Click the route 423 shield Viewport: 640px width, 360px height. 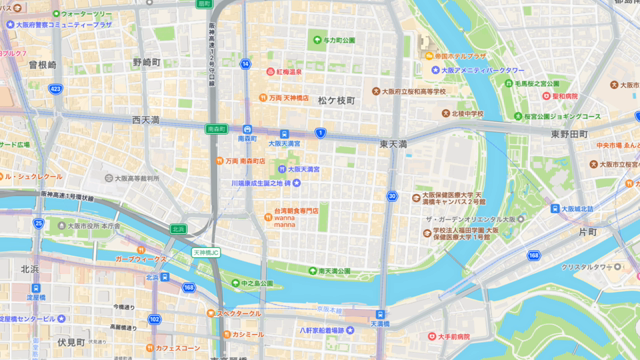point(55,88)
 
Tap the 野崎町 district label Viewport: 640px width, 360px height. point(146,62)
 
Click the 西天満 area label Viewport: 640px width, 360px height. point(152,119)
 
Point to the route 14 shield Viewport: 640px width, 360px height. point(245,63)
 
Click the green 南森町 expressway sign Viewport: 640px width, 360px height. point(216,129)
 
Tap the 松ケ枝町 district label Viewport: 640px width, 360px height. point(336,100)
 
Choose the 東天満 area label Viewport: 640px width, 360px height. point(393,145)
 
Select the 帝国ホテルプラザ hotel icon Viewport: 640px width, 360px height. point(429,56)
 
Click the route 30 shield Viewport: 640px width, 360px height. point(393,196)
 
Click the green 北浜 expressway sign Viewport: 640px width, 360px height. point(178,229)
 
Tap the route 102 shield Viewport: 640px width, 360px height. point(153,319)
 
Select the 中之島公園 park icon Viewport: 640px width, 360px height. point(233,283)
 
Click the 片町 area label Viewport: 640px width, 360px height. point(588,232)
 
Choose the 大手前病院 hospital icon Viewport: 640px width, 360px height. point(430,336)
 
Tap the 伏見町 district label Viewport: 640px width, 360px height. point(71,341)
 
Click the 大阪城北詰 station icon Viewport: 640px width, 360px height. point(555,209)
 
